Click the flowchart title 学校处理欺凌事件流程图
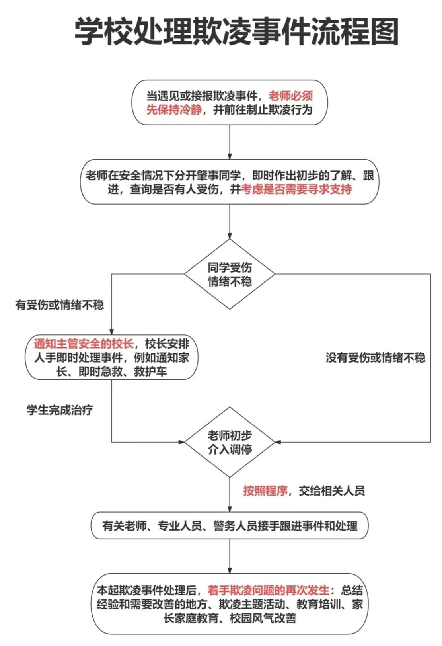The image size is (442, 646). click(236, 31)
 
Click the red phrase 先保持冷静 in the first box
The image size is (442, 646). click(174, 110)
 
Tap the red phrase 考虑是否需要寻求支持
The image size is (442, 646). click(296, 189)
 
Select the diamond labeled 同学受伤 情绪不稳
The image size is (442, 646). click(230, 274)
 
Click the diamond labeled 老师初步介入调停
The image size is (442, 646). click(230, 442)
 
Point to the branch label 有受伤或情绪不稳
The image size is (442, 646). click(59, 305)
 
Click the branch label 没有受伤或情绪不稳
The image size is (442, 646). click(376, 357)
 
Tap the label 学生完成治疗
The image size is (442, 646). click(60, 410)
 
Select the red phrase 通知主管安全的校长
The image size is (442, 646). click(84, 344)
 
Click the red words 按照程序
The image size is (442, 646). click(265, 490)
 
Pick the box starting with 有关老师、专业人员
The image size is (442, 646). click(230, 526)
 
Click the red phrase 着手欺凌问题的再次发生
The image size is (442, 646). click(269, 590)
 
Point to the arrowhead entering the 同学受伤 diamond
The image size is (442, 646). click(230, 236)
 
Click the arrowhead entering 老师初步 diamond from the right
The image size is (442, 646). click(278, 442)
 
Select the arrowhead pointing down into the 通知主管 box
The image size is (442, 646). click(111, 331)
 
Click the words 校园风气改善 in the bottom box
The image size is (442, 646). click(263, 618)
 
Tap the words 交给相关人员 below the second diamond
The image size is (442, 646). click(331, 490)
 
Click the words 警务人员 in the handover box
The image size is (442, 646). click(235, 526)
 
